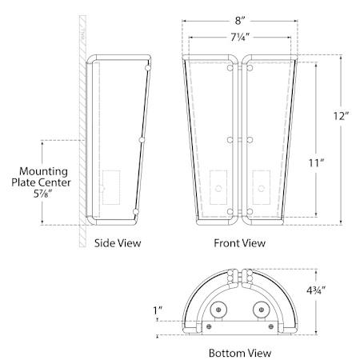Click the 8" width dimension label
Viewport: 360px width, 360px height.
[x=240, y=21]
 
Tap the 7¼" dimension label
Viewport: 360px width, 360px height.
[x=240, y=38]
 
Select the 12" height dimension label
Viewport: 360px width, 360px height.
[x=341, y=116]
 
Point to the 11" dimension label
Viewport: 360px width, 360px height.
[x=316, y=162]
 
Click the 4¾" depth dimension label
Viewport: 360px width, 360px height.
[x=316, y=290]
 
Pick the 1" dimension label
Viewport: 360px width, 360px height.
[x=158, y=310]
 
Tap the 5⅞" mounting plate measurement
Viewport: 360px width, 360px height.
[x=42, y=194]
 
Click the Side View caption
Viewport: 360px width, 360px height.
[x=118, y=243]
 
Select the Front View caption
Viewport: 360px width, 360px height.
[x=240, y=243]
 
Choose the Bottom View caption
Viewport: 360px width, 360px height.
[x=240, y=353]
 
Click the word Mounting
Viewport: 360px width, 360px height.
[x=43, y=172]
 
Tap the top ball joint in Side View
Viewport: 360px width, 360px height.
[x=148, y=68]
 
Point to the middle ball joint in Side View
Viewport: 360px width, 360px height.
[x=142, y=140]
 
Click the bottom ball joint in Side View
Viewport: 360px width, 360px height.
[x=136, y=212]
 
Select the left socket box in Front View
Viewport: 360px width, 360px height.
[x=218, y=187]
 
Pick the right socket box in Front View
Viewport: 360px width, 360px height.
[x=262, y=187]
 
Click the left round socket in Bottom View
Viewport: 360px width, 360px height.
[x=218, y=310]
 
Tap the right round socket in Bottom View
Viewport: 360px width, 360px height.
[x=262, y=310]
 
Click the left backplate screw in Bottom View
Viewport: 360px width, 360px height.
[x=209, y=326]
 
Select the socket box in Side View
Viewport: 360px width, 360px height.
[x=111, y=187]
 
